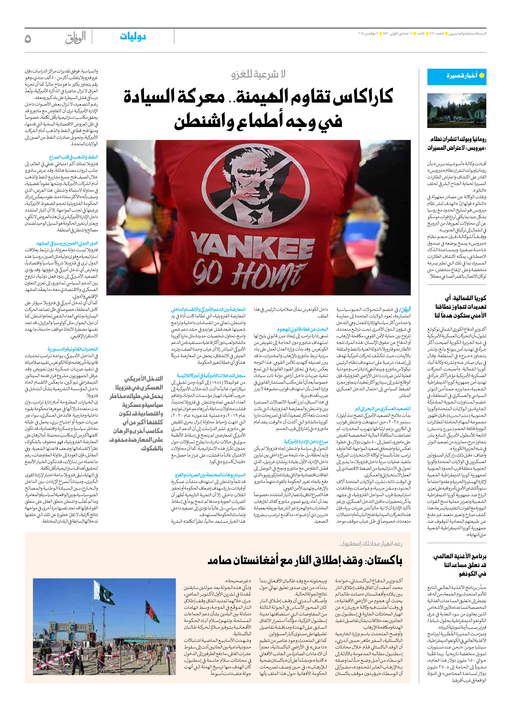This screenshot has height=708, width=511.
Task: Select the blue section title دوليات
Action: click(133, 37)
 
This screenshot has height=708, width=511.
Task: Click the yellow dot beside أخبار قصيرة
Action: click(482, 76)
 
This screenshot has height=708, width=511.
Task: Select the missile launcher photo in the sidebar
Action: click(457, 111)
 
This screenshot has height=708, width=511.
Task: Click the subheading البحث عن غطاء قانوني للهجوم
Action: click(302, 329)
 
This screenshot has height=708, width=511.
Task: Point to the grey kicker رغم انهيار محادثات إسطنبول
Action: click(370, 544)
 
